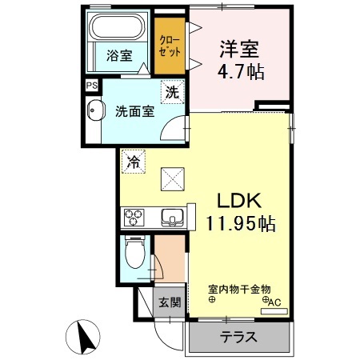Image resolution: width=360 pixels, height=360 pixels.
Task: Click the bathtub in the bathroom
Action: point(117,26)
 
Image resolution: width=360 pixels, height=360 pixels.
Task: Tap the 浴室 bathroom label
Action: point(119,55)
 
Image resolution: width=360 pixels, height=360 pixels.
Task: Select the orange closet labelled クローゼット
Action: point(170,46)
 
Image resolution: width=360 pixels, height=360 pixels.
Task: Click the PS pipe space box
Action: point(91,86)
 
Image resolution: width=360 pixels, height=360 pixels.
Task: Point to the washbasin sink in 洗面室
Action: point(94,110)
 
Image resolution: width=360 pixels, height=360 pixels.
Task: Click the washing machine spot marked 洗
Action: point(172,92)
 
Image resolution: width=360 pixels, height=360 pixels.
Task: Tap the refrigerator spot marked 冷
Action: point(134,162)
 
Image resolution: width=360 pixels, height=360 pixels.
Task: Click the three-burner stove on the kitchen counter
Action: point(134,218)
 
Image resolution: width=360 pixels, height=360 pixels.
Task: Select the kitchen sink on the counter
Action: point(172,218)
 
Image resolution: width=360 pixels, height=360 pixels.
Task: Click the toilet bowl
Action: point(135,253)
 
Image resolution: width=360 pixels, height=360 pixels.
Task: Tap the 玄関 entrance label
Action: point(170,302)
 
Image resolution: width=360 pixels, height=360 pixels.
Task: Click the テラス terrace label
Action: point(238,337)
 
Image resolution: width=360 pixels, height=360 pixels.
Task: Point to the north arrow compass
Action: point(83,336)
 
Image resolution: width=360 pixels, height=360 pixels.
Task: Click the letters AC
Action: point(274,302)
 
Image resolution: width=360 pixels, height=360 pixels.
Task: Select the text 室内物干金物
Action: point(239,290)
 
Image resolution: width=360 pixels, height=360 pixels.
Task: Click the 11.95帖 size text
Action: point(240,224)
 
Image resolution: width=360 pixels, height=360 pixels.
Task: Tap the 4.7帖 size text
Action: point(241,71)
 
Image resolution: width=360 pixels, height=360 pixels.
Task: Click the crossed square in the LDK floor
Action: point(173,179)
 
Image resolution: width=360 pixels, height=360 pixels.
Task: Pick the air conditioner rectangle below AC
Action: point(274,311)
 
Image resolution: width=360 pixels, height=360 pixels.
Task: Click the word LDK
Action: point(239,201)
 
